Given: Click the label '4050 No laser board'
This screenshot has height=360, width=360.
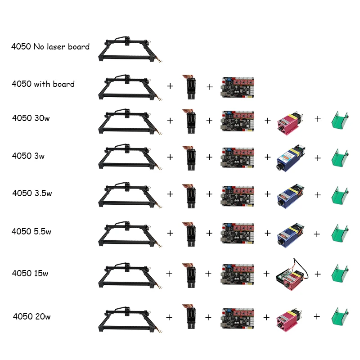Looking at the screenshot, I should (x=50, y=46).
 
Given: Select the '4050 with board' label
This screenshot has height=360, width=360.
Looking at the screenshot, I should (x=43, y=84).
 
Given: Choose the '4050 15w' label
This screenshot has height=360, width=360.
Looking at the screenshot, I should (x=31, y=273).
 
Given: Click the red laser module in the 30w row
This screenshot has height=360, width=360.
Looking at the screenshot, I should (x=290, y=121).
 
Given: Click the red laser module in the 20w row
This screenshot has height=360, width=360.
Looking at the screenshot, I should (x=290, y=318).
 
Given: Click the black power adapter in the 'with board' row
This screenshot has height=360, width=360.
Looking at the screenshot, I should (x=189, y=86).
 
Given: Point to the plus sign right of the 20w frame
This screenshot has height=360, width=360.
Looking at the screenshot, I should (x=169, y=317).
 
